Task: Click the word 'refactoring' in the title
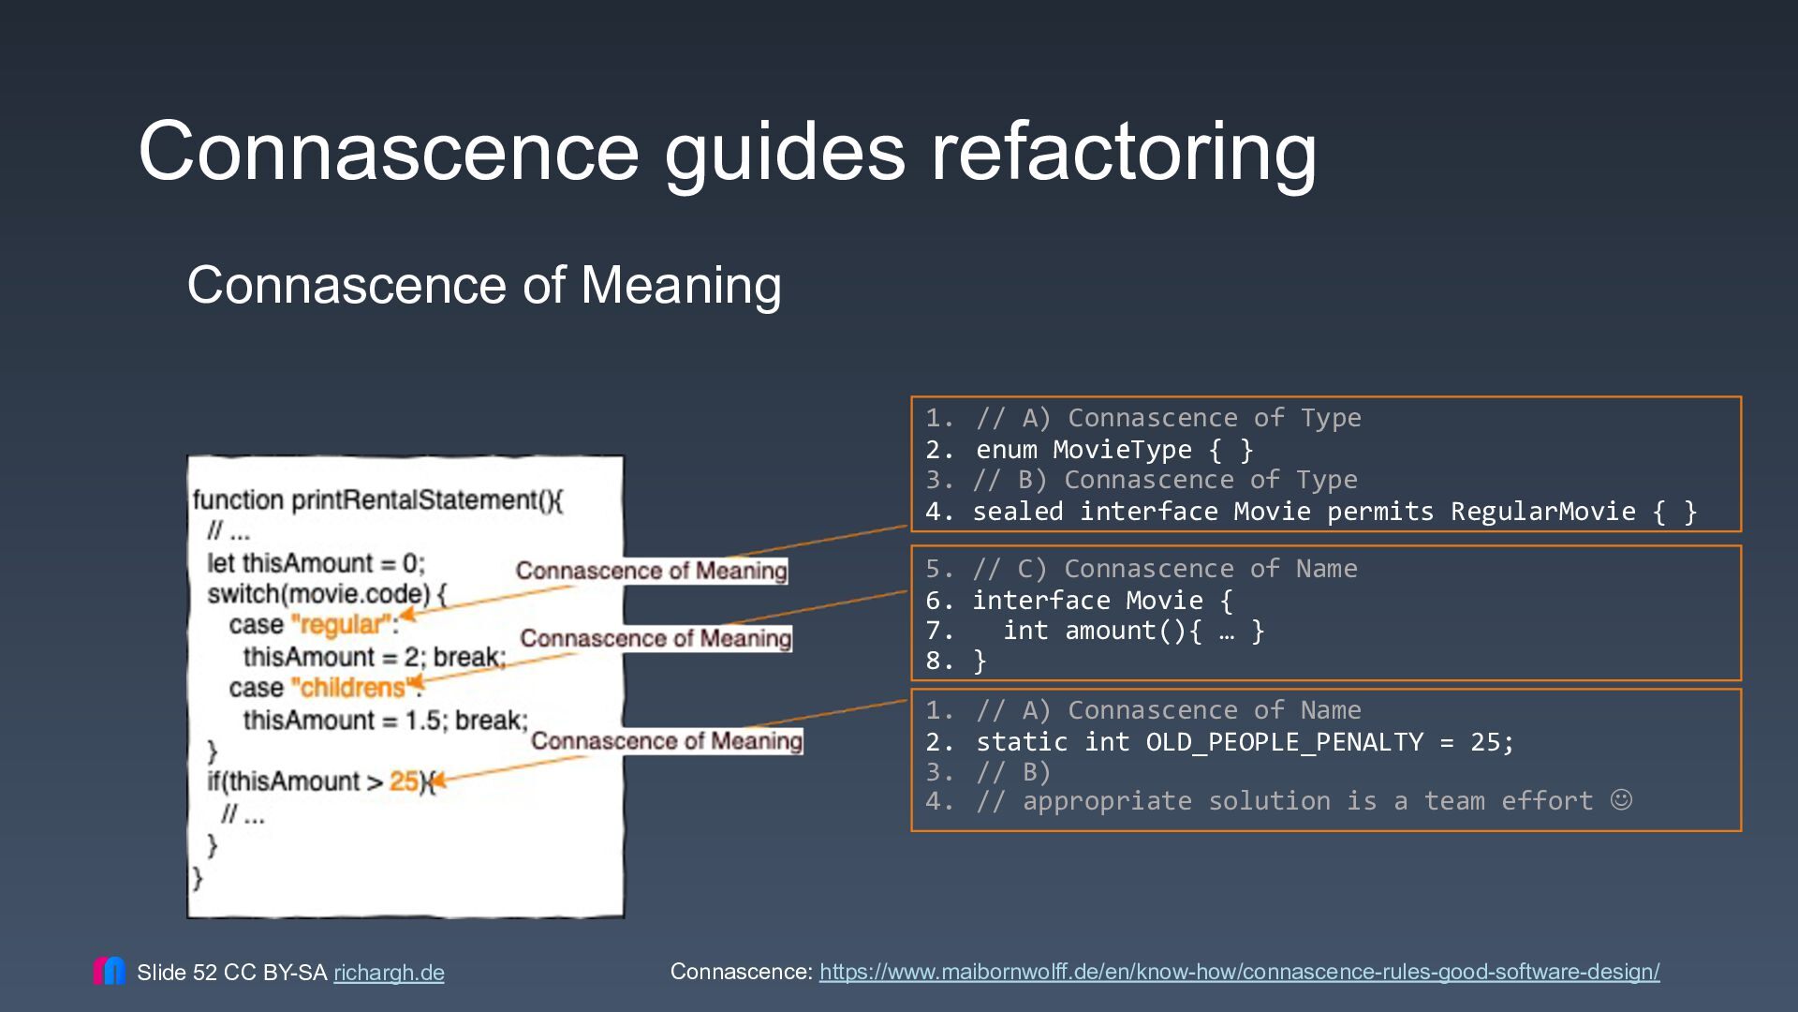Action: [x=1123, y=153]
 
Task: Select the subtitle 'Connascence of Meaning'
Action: [x=484, y=285]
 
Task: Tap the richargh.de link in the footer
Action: [x=389, y=973]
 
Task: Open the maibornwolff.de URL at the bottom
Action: [x=1240, y=972]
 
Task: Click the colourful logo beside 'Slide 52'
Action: [x=110, y=971]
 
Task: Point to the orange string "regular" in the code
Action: [x=341, y=624]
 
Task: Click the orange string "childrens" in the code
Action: [x=352, y=688]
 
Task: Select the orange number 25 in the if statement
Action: [x=404, y=781]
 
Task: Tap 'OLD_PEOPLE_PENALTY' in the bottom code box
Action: [x=1285, y=742]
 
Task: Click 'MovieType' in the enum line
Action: [x=1122, y=450]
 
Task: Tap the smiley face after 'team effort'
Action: [x=1621, y=799]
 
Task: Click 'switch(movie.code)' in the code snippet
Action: [x=318, y=594]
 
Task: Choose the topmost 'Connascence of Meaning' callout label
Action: [x=652, y=571]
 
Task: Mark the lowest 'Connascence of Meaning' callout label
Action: [x=667, y=741]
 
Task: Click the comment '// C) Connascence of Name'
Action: [x=1165, y=569]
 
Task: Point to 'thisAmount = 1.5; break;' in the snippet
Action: [x=386, y=720]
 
